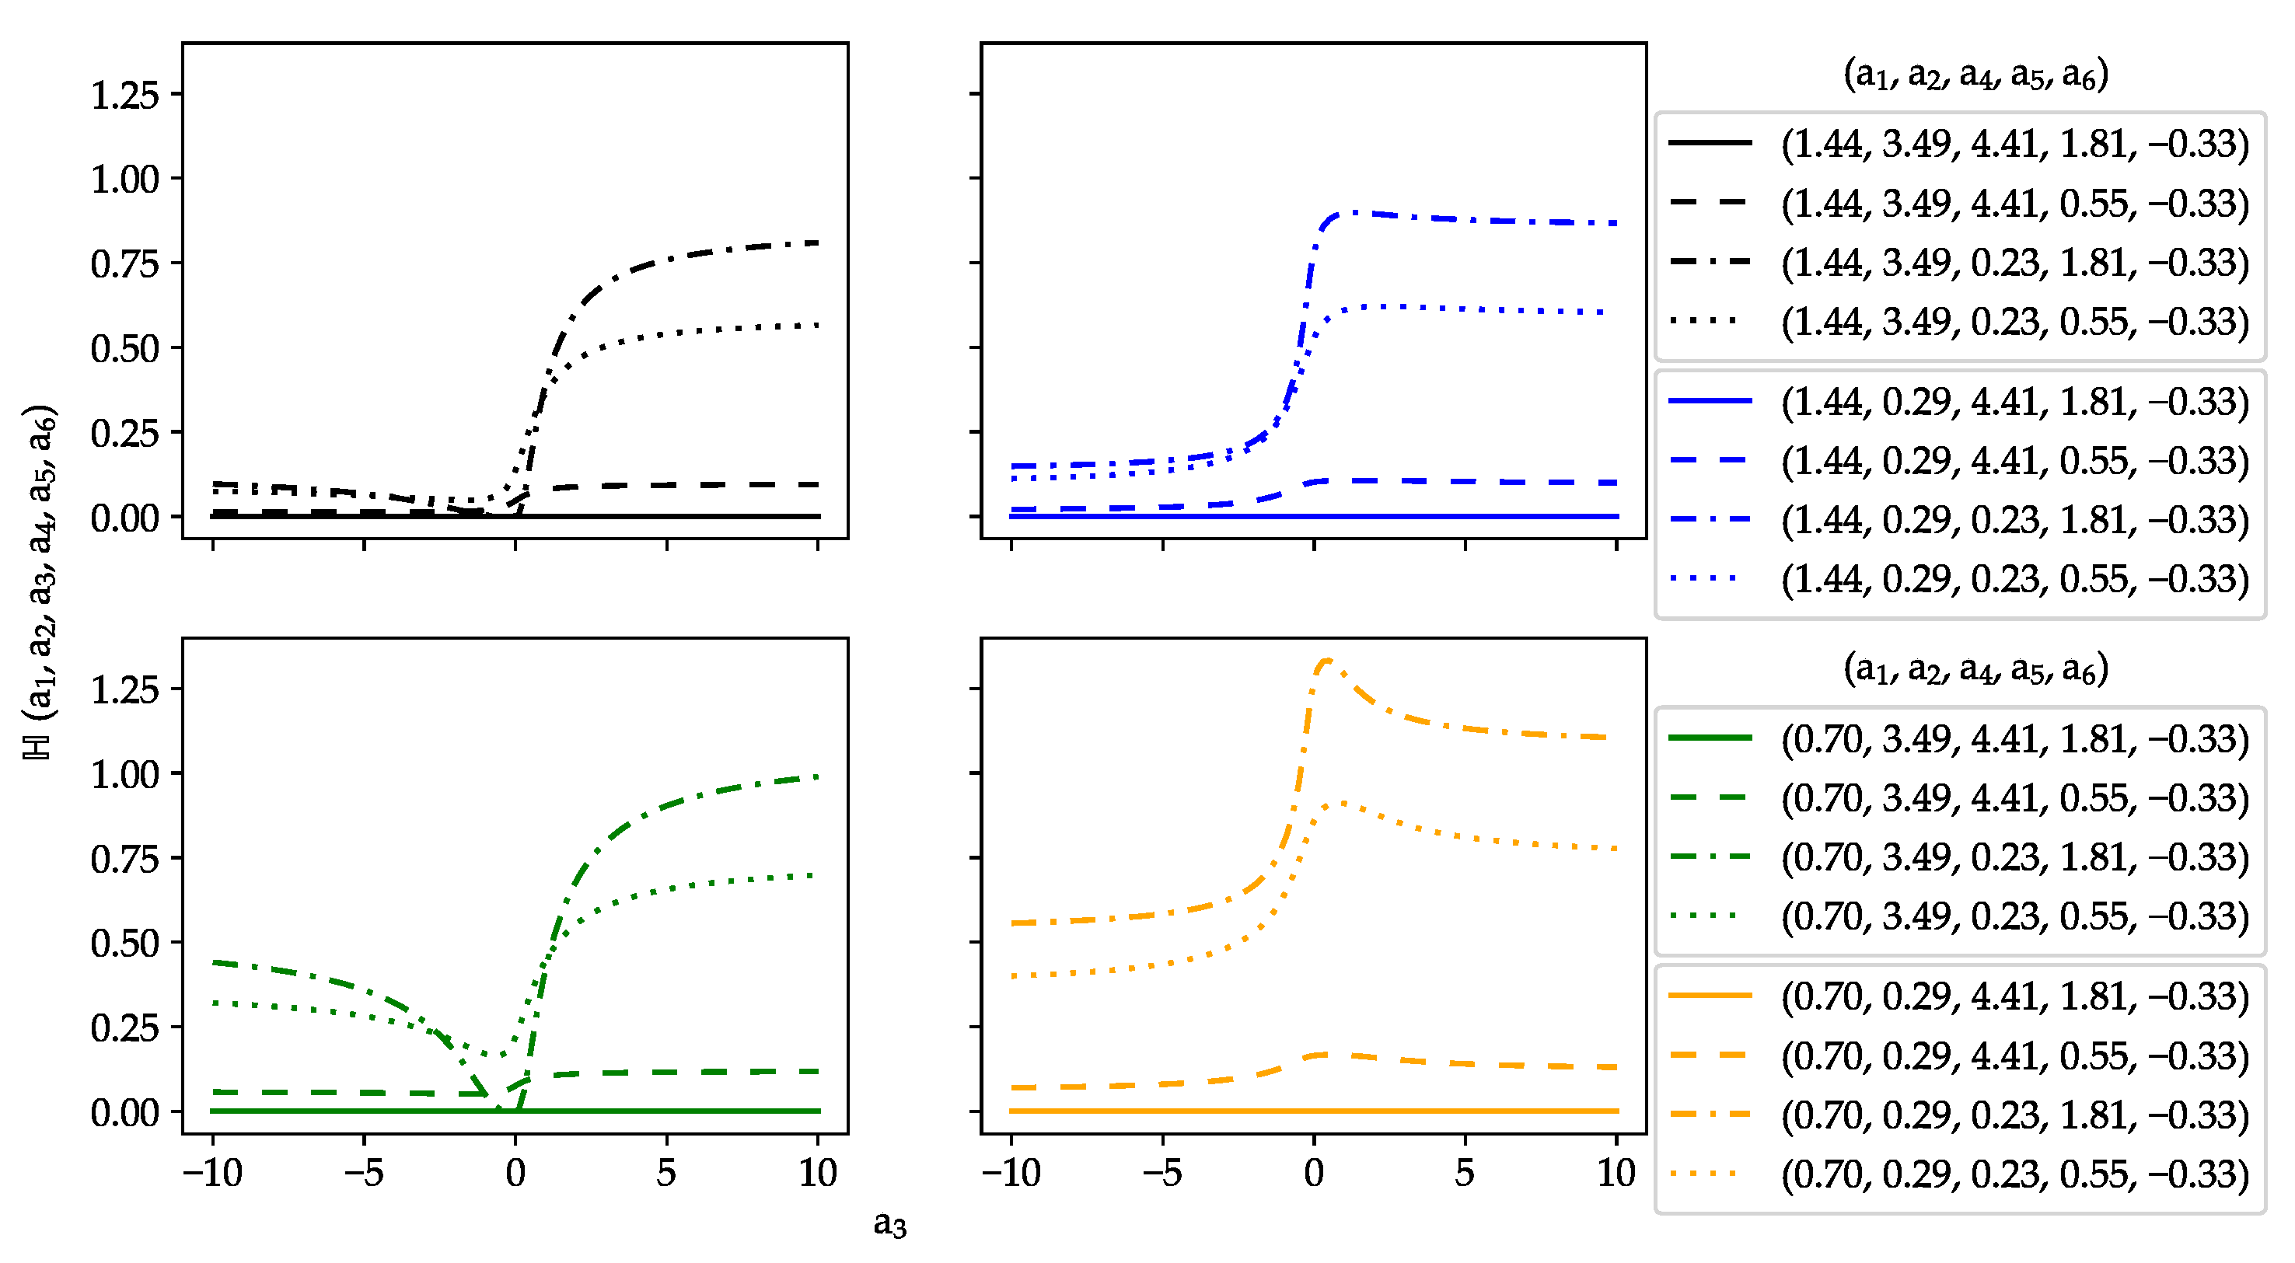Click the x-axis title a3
(x=889, y=1225)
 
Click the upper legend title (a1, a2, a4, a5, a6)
(x=1975, y=74)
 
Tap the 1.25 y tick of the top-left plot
(x=124, y=94)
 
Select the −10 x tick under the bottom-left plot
(x=212, y=1173)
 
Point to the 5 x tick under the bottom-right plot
(x=1465, y=1173)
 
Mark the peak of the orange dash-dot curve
(x=1326, y=660)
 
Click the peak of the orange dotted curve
(x=1338, y=803)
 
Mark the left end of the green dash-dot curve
(x=213, y=962)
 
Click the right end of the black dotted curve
(x=817, y=325)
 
